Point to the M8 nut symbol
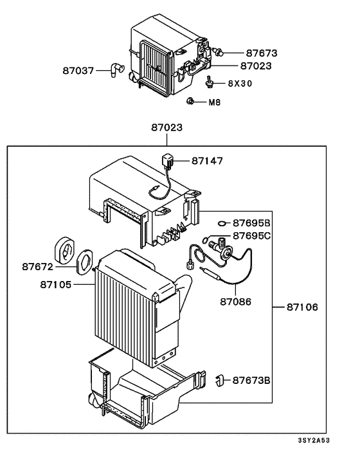click(x=191, y=102)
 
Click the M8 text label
click(x=215, y=102)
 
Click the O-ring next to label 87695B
click(x=221, y=223)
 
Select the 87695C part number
click(x=252, y=235)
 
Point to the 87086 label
click(x=235, y=301)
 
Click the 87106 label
click(x=301, y=307)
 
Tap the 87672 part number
click(x=40, y=265)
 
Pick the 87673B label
click(x=251, y=380)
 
